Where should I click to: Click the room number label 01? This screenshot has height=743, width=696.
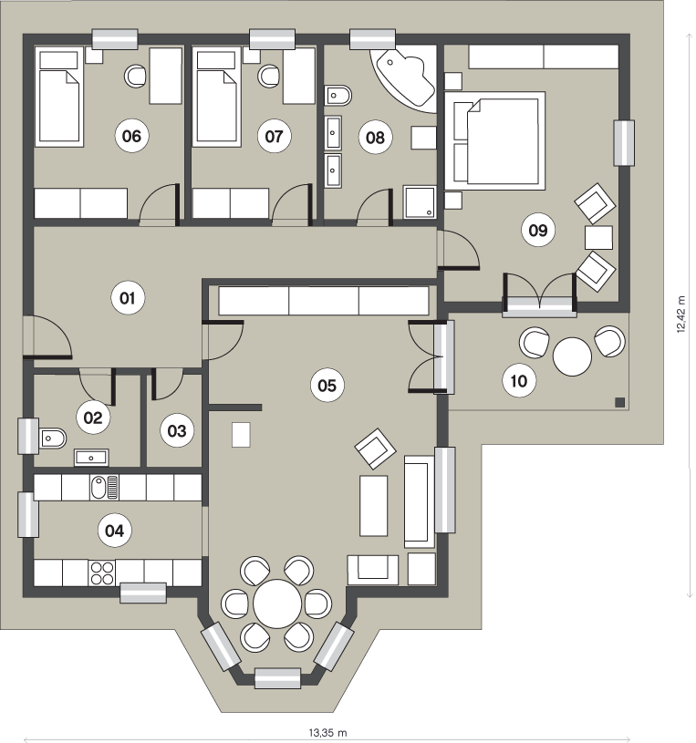point(127,298)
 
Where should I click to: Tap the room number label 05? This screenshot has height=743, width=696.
point(327,386)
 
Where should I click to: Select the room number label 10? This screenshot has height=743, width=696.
point(519,381)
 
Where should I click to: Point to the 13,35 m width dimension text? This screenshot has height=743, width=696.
point(327,733)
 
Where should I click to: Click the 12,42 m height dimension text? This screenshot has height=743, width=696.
point(681,315)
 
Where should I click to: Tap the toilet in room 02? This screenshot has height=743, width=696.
point(53,439)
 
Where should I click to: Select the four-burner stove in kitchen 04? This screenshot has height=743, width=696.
point(102,573)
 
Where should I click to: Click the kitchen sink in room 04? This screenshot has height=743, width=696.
point(104,488)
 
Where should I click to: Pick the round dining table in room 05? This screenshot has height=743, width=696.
point(277,604)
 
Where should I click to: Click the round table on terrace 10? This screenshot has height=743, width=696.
point(572,356)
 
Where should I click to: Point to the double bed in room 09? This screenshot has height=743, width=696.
point(494,140)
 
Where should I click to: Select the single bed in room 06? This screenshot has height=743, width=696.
point(58,97)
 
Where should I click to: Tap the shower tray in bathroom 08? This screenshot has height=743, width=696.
point(420,201)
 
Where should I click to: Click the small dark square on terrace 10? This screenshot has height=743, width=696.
point(619,403)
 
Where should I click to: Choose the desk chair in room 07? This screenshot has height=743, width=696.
point(269,76)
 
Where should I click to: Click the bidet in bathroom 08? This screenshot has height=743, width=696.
point(338,95)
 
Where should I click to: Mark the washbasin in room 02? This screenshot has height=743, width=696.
point(91,458)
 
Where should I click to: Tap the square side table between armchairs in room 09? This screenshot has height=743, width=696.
point(598,237)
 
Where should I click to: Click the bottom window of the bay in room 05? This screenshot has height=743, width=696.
point(277,678)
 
